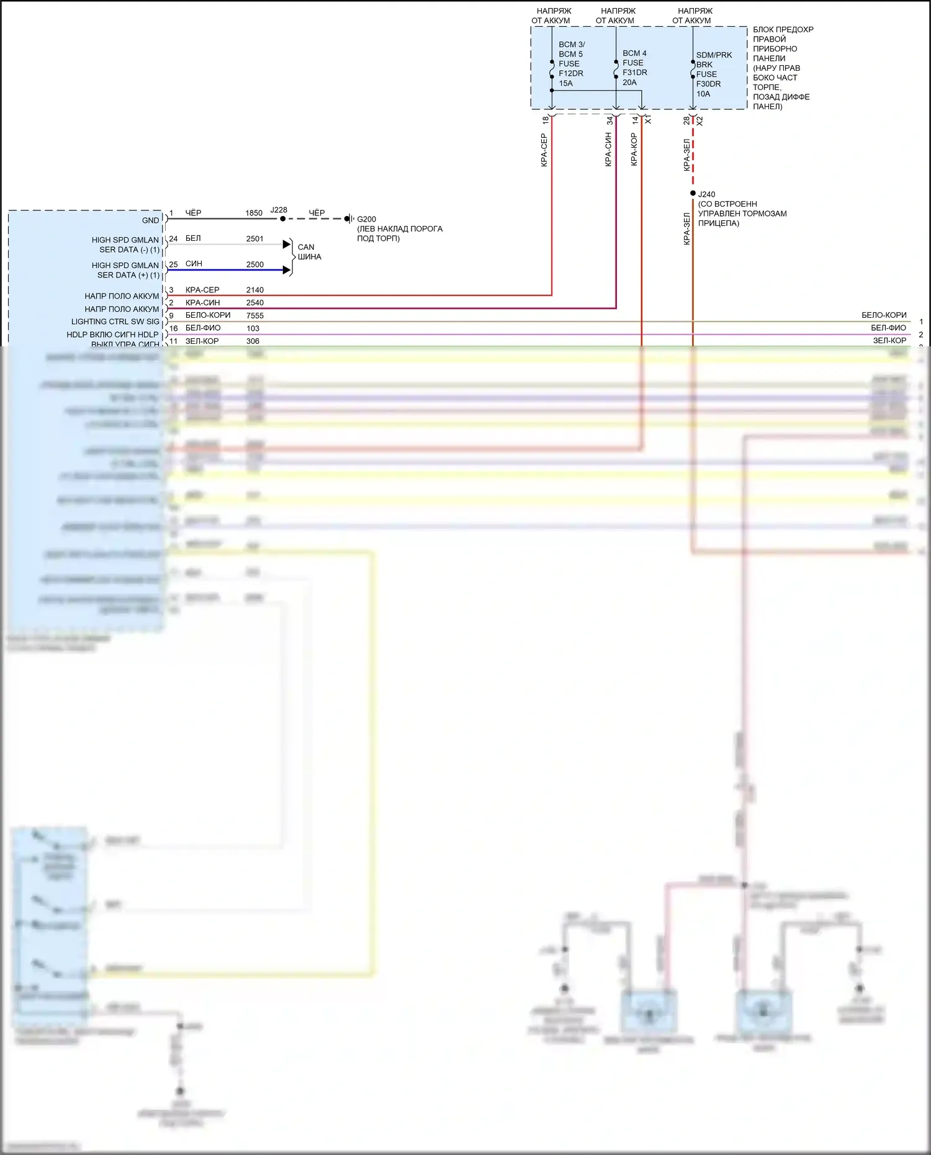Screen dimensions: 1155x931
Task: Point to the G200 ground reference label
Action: point(366,219)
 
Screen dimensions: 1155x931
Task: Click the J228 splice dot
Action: point(282,218)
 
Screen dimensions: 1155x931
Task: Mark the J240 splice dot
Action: point(693,194)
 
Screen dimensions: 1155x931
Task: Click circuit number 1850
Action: point(254,213)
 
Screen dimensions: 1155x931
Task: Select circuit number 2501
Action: point(254,238)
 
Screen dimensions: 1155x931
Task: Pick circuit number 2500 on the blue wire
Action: point(254,264)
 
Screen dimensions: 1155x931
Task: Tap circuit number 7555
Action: point(254,315)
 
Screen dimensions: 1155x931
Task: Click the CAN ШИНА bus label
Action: point(309,251)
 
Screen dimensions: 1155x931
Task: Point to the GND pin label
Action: point(150,220)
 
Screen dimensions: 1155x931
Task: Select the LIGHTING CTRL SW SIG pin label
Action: point(115,321)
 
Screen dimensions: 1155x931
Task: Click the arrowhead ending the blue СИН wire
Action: point(287,270)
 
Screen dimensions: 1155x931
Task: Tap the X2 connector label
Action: point(699,120)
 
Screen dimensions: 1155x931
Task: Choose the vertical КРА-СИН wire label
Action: point(608,150)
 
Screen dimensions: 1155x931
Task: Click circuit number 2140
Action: point(254,290)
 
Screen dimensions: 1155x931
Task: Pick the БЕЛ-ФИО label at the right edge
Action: point(888,328)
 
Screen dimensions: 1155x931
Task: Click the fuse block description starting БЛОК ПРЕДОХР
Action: point(782,68)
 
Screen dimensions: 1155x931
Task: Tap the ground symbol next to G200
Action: point(350,218)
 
